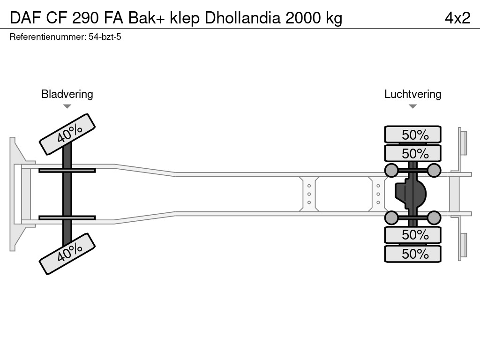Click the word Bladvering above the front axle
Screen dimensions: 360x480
(67, 94)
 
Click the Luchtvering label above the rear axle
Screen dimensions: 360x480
(412, 94)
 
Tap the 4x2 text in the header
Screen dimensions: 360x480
(457, 18)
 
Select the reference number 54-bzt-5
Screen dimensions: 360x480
(105, 37)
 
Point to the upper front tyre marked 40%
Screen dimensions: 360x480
(67, 134)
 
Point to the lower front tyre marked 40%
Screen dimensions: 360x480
(67, 253)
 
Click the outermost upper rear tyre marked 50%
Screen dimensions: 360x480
(412, 135)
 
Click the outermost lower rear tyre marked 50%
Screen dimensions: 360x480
(412, 254)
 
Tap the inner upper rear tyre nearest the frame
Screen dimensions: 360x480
(412, 153)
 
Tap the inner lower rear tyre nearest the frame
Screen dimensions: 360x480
(412, 235)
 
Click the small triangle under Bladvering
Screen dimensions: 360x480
(67, 106)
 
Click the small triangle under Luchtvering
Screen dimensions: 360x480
(412, 106)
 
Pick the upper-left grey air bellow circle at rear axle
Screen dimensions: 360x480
(391, 170)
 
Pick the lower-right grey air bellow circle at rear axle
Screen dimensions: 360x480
(434, 217)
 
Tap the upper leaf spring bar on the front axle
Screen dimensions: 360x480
(67, 170)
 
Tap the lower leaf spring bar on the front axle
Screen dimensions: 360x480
(67, 217)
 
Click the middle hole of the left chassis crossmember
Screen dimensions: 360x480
(309, 194)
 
